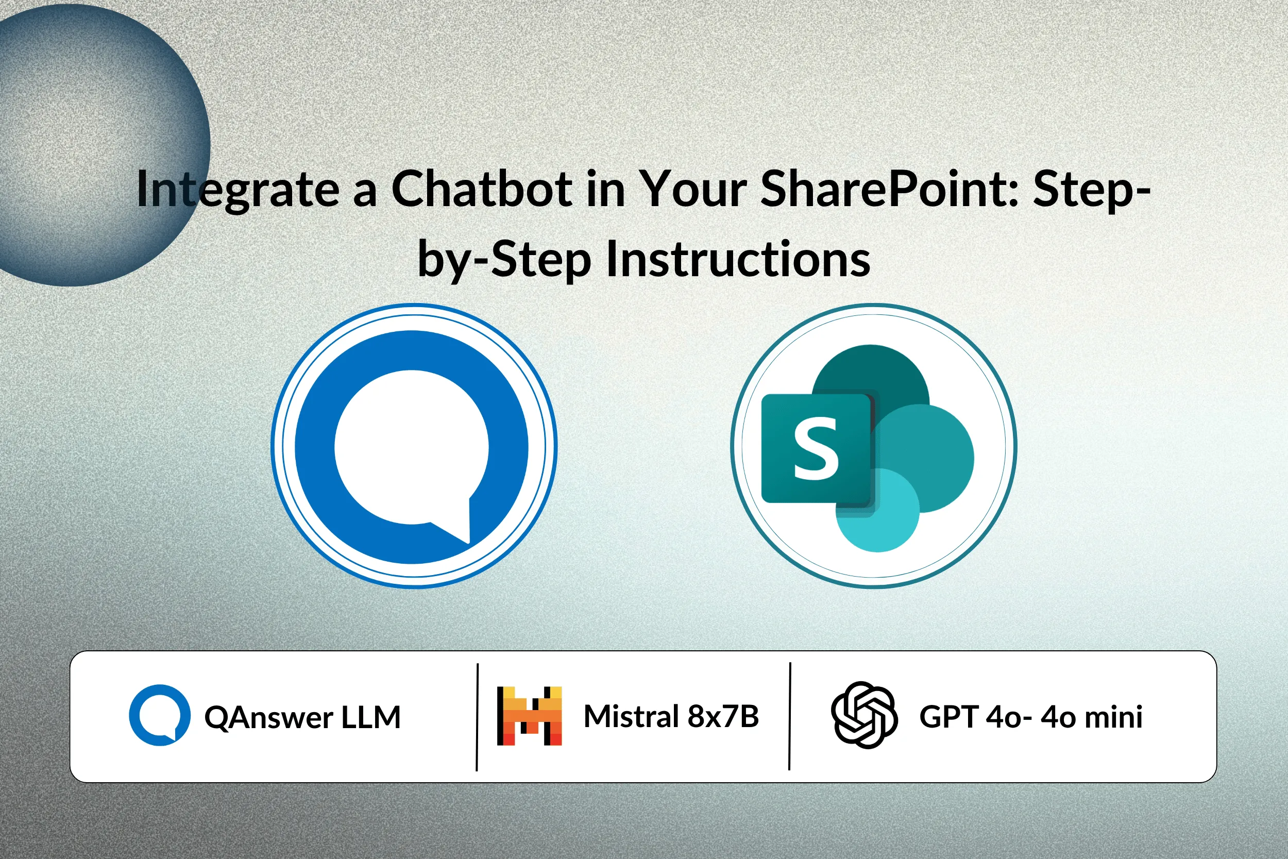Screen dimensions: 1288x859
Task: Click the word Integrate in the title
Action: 238,190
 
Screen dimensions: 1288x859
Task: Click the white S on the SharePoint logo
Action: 816,448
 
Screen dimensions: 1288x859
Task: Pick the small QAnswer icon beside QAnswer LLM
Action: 160,715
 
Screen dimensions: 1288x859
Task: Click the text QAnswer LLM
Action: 302,717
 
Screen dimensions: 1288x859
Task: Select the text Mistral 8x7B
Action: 671,716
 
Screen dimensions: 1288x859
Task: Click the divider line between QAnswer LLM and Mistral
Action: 478,717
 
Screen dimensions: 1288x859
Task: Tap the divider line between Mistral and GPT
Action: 790,716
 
